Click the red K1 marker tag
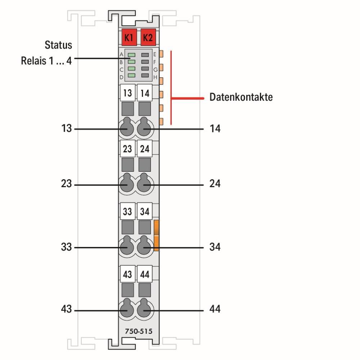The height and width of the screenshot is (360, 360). click(129, 37)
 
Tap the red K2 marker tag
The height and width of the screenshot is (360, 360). click(148, 37)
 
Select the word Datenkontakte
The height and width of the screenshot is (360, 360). click(241, 97)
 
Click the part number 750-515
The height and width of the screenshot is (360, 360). click(139, 331)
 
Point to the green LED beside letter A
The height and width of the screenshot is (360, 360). click(131, 55)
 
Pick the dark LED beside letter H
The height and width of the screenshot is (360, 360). click(145, 75)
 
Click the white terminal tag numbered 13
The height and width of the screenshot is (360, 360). click(128, 93)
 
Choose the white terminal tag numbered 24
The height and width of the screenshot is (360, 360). click(145, 149)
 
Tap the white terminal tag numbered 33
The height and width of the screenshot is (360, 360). click(128, 211)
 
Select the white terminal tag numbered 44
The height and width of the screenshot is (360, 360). click(145, 274)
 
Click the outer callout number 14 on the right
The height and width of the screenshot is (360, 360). click(215, 129)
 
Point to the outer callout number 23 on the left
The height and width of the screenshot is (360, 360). click(66, 184)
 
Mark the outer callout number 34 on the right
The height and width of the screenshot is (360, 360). click(215, 247)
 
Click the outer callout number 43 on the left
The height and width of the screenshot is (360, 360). click(66, 309)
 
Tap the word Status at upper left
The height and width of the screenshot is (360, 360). click(58, 45)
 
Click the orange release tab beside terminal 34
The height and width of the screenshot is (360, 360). click(156, 235)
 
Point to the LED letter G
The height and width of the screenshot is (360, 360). click(156, 69)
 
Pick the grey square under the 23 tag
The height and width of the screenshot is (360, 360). click(128, 165)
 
